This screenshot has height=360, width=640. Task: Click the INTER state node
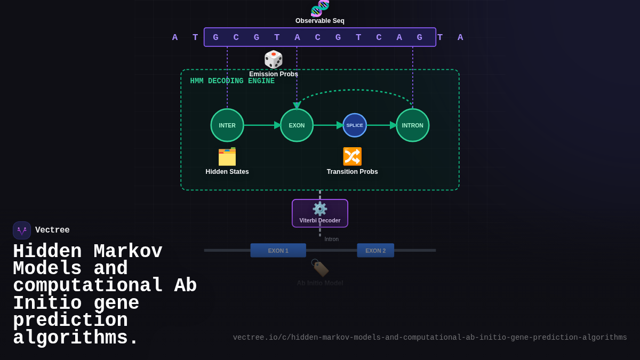pos(227,125)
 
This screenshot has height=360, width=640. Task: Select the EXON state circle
pos(297,125)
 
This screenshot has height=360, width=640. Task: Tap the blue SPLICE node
pos(355,125)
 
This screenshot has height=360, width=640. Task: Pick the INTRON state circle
pos(413,125)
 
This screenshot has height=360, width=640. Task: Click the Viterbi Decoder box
pos(320,213)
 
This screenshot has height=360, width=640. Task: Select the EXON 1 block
pos(278,251)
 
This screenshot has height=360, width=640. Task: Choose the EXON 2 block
pos(375,251)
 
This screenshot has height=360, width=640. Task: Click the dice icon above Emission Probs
pos(274,60)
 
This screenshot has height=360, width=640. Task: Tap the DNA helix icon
pos(320,8)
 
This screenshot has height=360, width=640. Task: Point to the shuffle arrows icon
pos(352,156)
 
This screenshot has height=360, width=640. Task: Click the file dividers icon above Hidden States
pos(227,157)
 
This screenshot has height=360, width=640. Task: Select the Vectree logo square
pos(22,230)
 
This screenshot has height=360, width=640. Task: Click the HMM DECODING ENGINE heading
pos(233,81)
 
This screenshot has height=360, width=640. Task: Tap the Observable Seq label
pos(320,21)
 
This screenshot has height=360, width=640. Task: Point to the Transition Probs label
pos(352,172)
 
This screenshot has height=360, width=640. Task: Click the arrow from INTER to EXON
pos(262,125)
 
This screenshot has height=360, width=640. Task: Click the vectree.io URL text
pos(430,338)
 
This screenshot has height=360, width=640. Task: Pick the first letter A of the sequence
pos(175,37)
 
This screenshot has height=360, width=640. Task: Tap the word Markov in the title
pos(128,252)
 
